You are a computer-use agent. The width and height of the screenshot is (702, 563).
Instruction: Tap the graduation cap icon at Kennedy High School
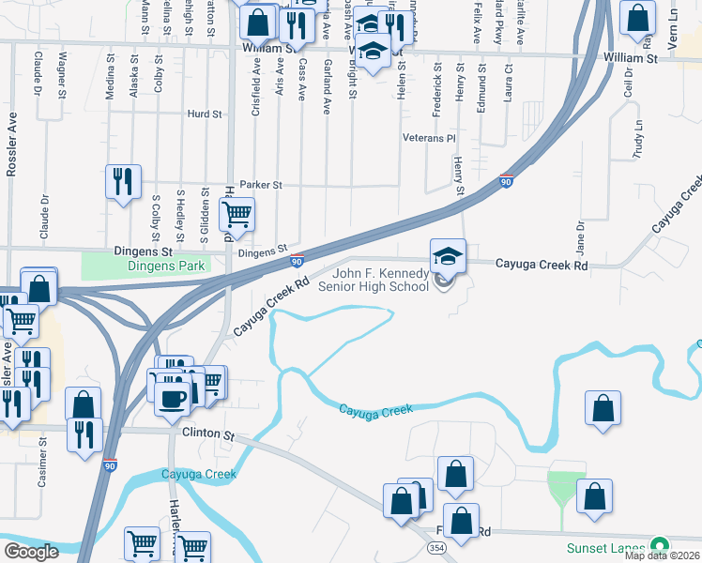[448, 254]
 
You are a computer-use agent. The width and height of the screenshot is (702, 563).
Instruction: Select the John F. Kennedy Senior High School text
[381, 280]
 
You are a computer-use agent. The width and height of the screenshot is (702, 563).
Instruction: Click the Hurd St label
[204, 114]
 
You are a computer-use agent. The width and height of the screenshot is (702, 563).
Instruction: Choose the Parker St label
[261, 186]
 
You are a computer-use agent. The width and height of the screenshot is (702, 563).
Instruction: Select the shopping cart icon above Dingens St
[237, 214]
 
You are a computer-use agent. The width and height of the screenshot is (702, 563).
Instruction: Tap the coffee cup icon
[170, 398]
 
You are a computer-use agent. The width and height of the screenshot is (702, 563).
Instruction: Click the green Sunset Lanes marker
[661, 545]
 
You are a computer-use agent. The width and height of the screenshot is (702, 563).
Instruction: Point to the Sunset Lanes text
[605, 548]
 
